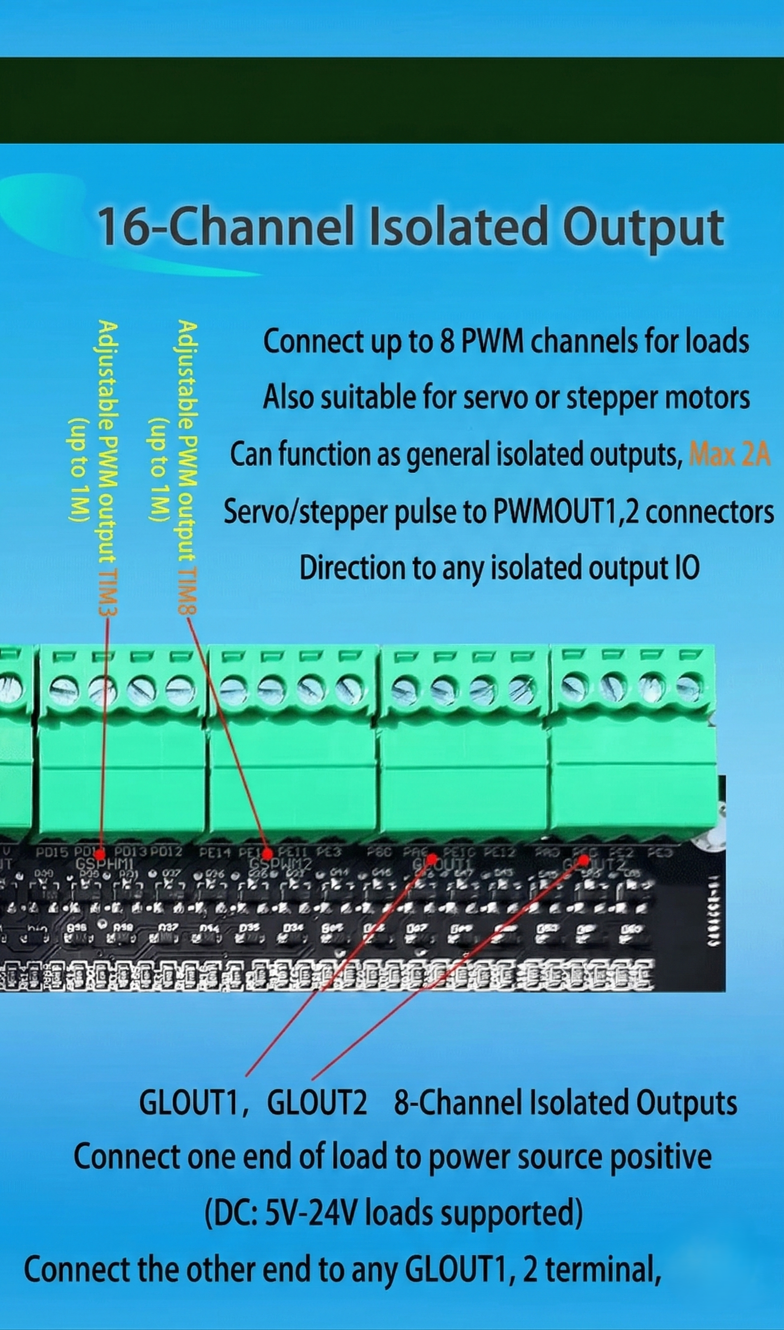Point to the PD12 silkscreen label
(x=166, y=852)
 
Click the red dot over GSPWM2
(x=267, y=853)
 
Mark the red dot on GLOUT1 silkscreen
(x=432, y=859)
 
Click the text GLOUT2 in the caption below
(x=316, y=1104)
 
